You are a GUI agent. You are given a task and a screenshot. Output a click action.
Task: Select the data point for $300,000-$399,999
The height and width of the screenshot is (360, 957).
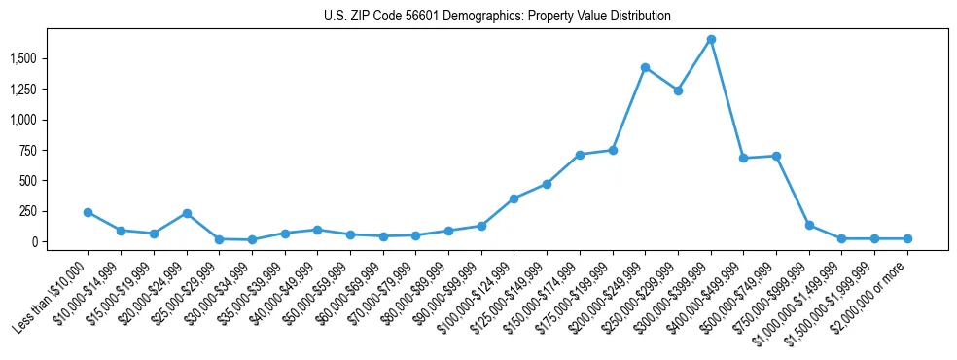(x=711, y=40)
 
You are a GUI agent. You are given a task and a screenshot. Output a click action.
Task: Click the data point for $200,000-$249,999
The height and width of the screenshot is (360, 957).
(x=645, y=68)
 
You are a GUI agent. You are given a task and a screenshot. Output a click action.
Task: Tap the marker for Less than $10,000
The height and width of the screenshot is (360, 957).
(x=89, y=212)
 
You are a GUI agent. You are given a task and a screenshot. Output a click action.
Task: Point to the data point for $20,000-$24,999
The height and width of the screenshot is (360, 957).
(x=187, y=213)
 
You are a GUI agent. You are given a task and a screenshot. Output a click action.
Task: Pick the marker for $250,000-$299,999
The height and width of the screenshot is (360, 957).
(x=678, y=90)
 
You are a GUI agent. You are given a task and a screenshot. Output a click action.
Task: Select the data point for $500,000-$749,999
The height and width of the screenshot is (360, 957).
(x=776, y=156)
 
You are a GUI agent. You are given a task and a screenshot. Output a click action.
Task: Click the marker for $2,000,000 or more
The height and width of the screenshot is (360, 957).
(x=907, y=238)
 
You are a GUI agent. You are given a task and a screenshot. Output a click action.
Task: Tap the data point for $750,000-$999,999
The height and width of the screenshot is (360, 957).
(x=809, y=225)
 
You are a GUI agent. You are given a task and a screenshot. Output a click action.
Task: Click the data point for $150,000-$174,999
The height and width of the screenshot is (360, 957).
(x=580, y=155)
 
